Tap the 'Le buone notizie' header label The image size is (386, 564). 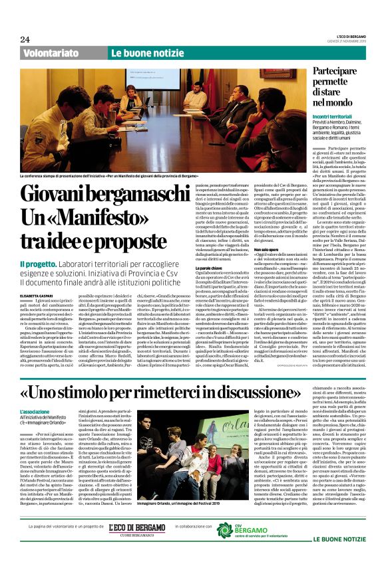pos(140,53)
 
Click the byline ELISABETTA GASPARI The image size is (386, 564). pos(41,277)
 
